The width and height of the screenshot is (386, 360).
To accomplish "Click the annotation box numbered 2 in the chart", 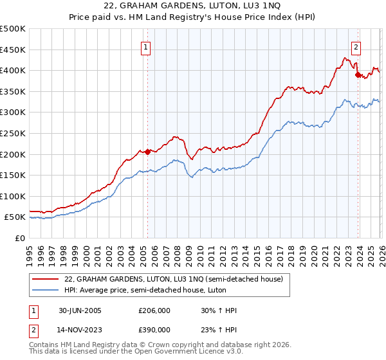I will pos(356,46).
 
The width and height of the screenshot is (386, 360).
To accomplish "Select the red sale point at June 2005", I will pos(147,152).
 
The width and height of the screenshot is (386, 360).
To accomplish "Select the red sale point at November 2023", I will pos(358,75).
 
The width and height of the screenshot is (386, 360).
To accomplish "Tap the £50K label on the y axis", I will pos(15,217).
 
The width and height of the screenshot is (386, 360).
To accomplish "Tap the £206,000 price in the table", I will pos(154,310).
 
